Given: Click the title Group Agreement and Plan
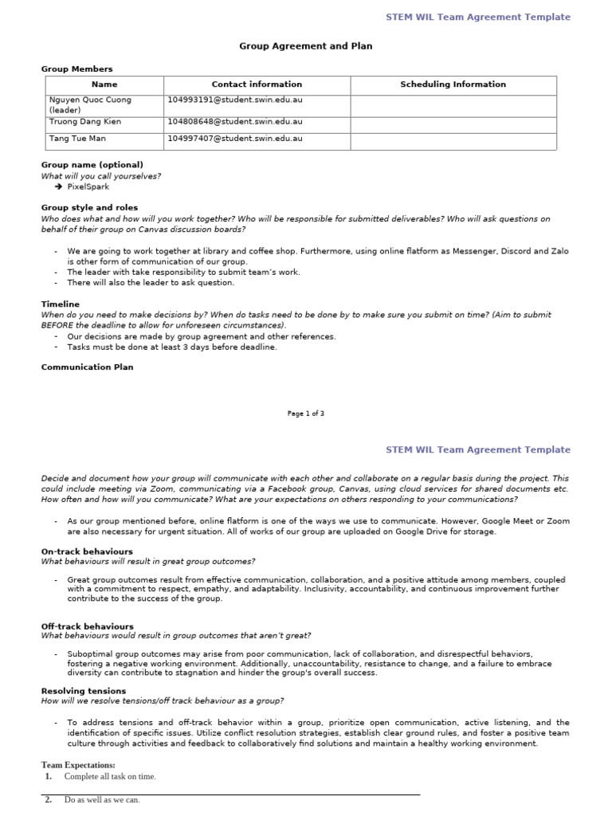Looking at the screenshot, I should pos(305,46).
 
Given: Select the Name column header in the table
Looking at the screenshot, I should pos(104,84).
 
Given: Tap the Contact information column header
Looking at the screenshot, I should pos(257,84).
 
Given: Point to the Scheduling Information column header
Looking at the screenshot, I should pos(453,84).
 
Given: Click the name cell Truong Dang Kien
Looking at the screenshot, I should pos(80,122).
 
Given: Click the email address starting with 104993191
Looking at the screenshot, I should pos(235,100).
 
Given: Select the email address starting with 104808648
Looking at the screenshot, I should pos(235,122).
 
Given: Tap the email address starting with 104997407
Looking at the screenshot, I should pos(235,139).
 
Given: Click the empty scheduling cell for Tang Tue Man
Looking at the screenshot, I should pos(453,140).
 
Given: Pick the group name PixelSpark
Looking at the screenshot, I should pos(88,187).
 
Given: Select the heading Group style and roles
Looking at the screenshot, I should pos(89,207).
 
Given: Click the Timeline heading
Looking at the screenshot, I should pos(61,304).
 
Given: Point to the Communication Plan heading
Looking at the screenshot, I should pos(88,367).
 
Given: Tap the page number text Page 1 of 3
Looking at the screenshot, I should pos(305,414).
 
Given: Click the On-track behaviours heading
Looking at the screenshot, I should pos(87,551).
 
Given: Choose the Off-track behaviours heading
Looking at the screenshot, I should pos(88,626).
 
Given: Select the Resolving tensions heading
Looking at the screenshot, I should pos(84,691).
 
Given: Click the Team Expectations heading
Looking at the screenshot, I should pos(78,766).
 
